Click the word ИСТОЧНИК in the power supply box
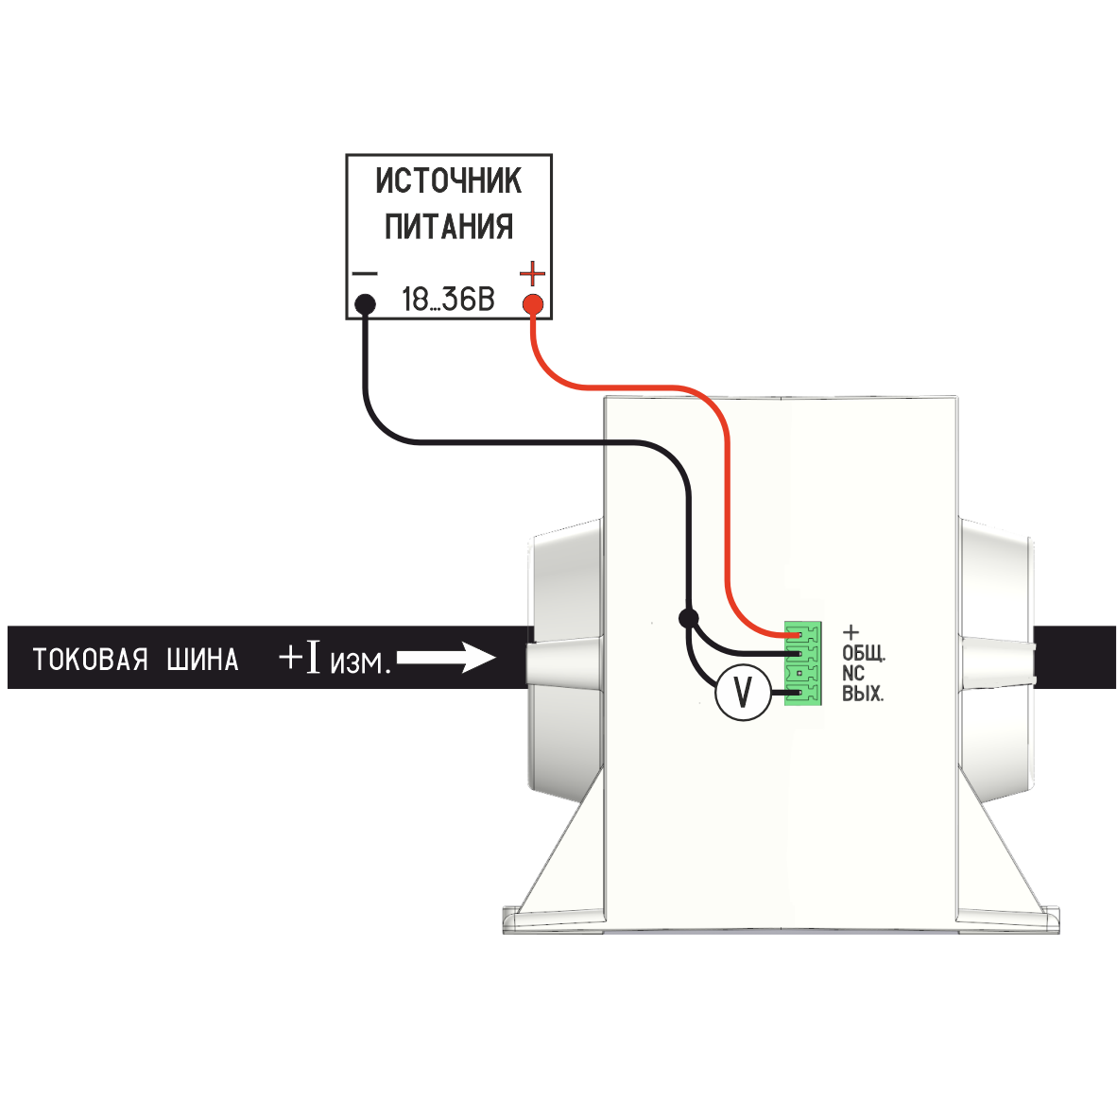pyautogui.click(x=448, y=180)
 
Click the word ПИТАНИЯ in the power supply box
pyautogui.click(x=448, y=227)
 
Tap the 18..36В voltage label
pyautogui.click(x=448, y=301)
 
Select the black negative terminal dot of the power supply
pyautogui.click(x=365, y=304)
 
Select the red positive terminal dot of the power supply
pyautogui.click(x=533, y=304)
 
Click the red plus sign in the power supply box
pyautogui.click(x=533, y=275)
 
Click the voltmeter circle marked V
pyautogui.click(x=743, y=694)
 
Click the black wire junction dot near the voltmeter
pyautogui.click(x=688, y=619)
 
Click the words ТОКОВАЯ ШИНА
pyautogui.click(x=136, y=659)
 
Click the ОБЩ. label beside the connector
pyautogui.click(x=864, y=653)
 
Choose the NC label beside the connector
pyautogui.click(x=853, y=674)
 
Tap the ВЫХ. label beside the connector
pyautogui.click(x=863, y=695)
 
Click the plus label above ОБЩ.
pyautogui.click(x=851, y=632)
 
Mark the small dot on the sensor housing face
pyautogui.click(x=651, y=624)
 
